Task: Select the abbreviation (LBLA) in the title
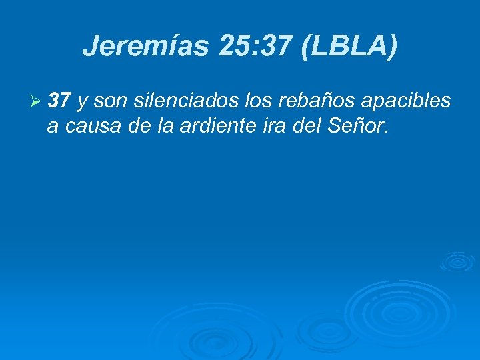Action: coord(349,46)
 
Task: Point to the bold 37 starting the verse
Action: coord(60,101)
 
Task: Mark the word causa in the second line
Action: coord(86,125)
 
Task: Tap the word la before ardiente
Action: coord(150,125)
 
